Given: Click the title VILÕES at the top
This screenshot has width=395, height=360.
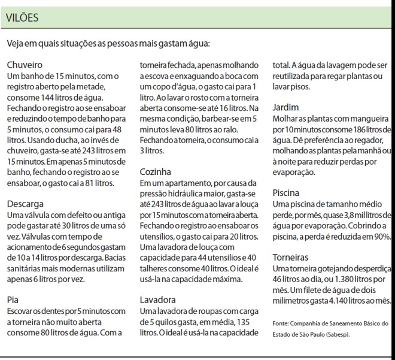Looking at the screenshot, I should coord(23,17).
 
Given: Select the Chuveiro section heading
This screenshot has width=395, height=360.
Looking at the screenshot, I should coord(25,65).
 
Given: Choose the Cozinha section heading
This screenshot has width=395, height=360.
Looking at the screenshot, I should coord(155,171).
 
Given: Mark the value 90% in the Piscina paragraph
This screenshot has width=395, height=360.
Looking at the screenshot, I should coord(380,237).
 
